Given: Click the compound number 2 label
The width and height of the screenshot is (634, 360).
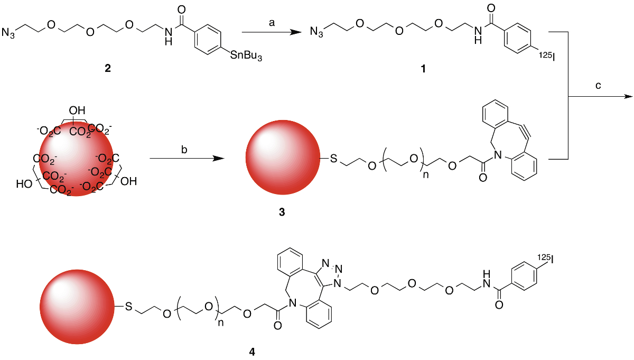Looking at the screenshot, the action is click(108, 69).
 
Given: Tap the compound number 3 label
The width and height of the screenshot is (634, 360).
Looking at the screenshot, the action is click(281, 212).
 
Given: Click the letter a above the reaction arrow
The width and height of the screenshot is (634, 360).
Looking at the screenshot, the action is click(273, 22).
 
